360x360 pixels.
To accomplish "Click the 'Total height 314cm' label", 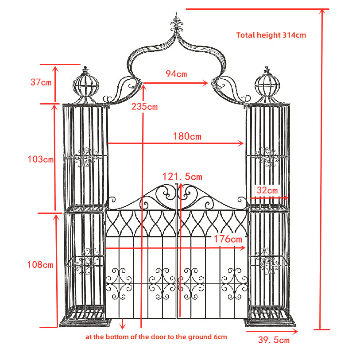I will click(x=271, y=35).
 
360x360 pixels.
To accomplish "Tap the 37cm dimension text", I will click(x=41, y=82).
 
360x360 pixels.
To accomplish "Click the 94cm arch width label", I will click(x=176, y=74).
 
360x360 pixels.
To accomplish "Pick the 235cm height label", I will click(x=144, y=107).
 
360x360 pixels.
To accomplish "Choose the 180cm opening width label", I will click(x=187, y=136).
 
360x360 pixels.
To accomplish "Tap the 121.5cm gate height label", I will click(x=182, y=177).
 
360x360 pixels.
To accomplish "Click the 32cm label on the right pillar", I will click(x=267, y=190).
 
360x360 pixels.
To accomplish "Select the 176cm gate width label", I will click(x=228, y=239).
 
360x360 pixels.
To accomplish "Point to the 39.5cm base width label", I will click(x=274, y=340).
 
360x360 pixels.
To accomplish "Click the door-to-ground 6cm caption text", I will click(x=156, y=337).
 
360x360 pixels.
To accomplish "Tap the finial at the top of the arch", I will click(x=177, y=22).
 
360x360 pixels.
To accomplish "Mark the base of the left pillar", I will click(x=84, y=320).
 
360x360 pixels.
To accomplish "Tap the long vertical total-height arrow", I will click(x=322, y=168).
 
